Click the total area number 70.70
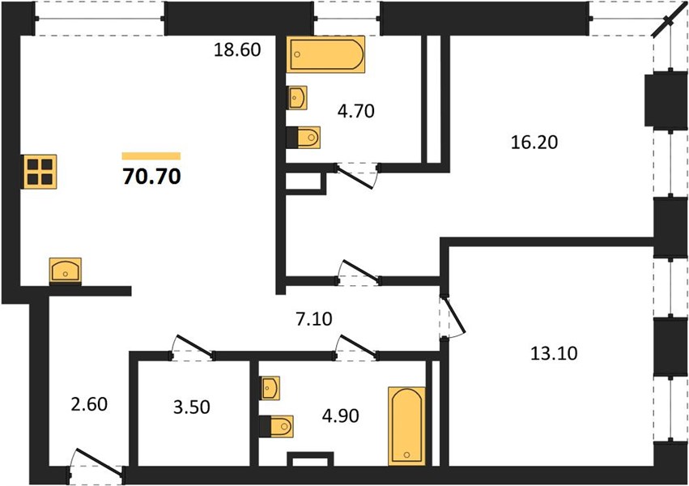click(x=151, y=177)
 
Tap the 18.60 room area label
click(x=237, y=49)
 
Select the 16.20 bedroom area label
click(x=534, y=143)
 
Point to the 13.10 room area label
click(x=554, y=353)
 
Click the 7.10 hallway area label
click(x=314, y=319)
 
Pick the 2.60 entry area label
click(x=89, y=404)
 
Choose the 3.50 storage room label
click(x=192, y=407)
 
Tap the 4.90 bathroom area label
click(x=341, y=416)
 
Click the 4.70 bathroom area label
click(x=356, y=111)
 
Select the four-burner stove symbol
click(x=40, y=172)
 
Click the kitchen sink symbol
click(x=65, y=271)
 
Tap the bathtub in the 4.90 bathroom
click(x=407, y=426)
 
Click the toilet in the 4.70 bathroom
click(x=303, y=138)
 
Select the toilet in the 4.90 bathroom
click(x=276, y=426)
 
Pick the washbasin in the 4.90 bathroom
click(x=270, y=388)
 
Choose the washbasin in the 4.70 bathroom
click(x=297, y=97)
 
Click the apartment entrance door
click(x=96, y=465)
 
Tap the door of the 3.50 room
click(x=193, y=348)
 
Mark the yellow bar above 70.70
click(x=151, y=156)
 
